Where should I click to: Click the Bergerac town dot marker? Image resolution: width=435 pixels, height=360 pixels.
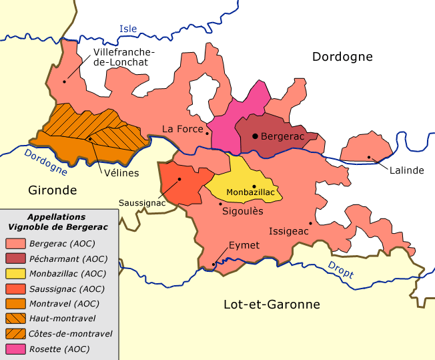tap(254, 136)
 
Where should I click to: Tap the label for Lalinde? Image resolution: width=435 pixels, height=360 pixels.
tap(407, 170)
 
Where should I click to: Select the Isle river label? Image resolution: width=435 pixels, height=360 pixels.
tap(127, 29)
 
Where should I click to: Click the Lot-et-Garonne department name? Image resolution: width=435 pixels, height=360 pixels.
tap(271, 305)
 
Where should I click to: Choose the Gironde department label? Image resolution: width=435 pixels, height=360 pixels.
tap(53, 190)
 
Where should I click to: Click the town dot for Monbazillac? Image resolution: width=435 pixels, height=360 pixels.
tap(254, 186)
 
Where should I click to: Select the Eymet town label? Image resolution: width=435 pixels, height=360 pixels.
tap(244, 245)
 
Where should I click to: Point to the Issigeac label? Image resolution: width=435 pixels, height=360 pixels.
tap(288, 231)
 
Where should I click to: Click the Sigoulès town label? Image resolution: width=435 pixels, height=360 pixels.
tap(242, 210)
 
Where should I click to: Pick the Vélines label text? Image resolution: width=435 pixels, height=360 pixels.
tap(121, 173)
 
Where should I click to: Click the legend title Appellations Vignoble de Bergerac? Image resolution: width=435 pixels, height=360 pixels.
tap(56, 222)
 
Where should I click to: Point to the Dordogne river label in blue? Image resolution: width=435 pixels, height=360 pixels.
tap(46, 162)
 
